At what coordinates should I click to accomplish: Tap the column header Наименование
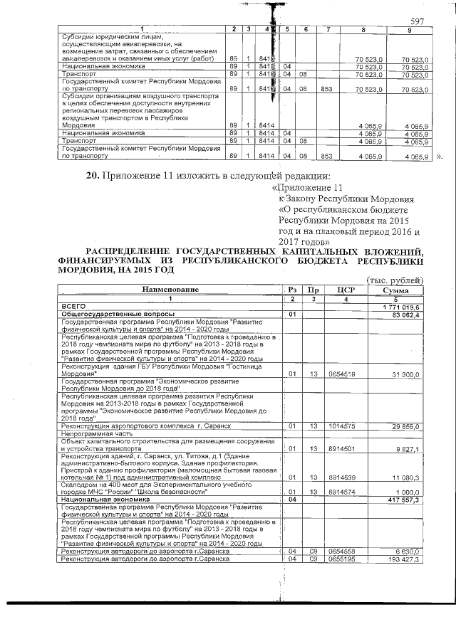(170, 290)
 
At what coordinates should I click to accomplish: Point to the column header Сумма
(395, 290)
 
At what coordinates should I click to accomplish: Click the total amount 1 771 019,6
(403, 306)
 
